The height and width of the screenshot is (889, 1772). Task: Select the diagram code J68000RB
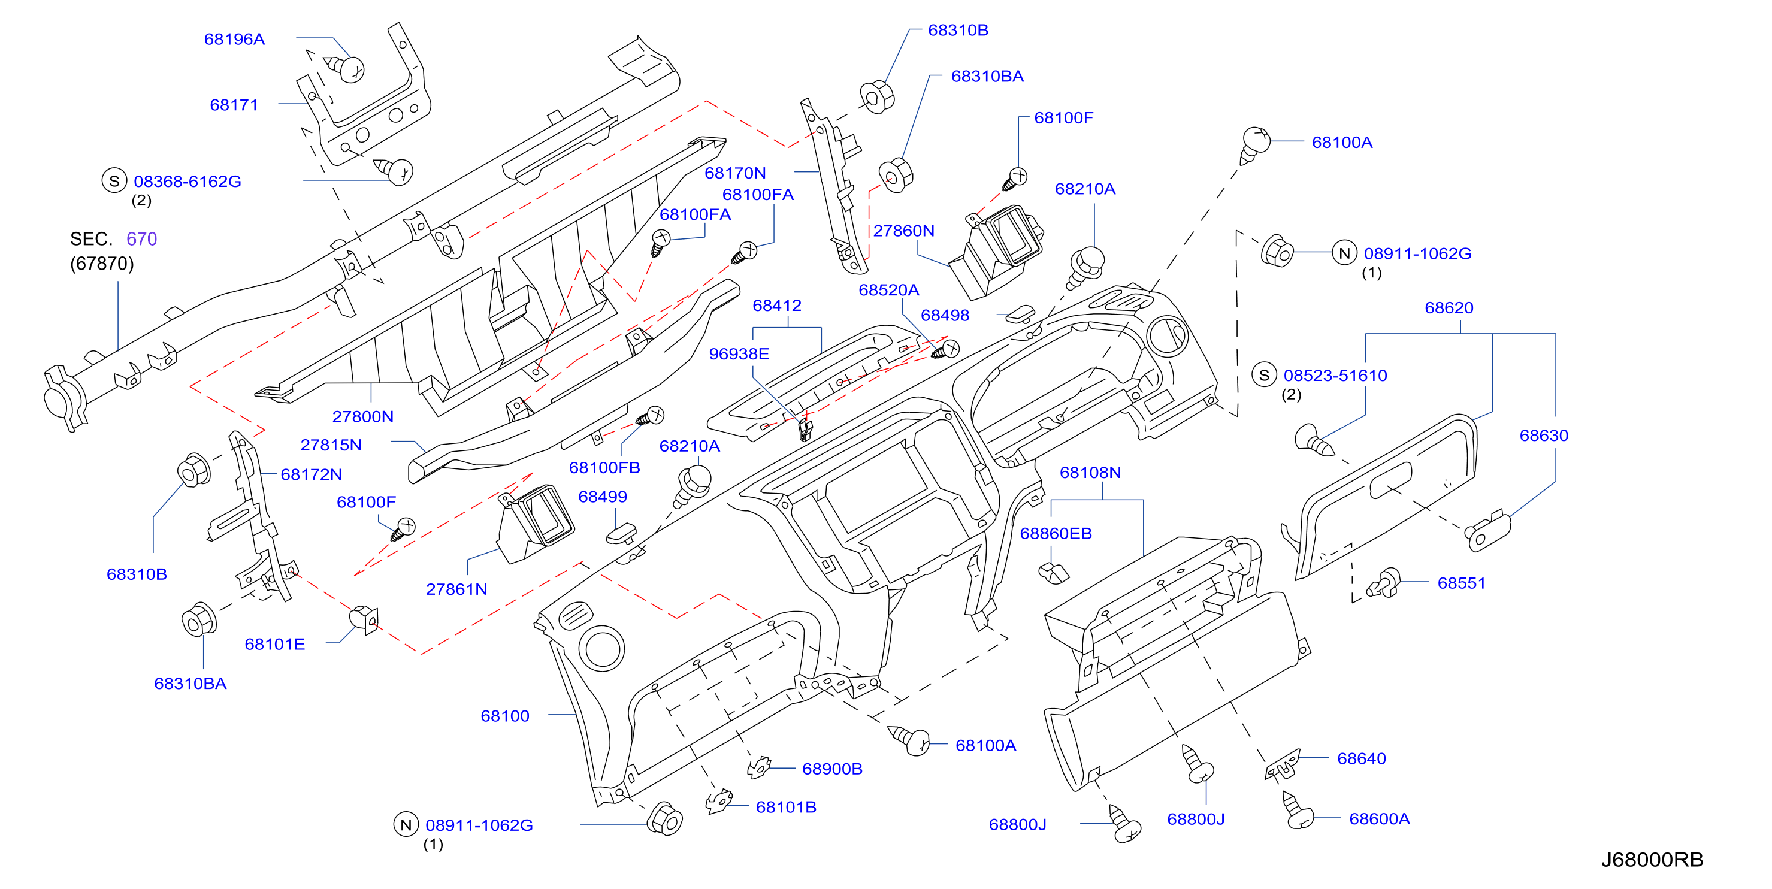pos(1652,860)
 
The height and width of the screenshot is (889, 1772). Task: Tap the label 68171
pos(234,105)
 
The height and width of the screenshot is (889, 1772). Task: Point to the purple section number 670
pos(142,239)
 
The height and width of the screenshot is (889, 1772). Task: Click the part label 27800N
pos(362,416)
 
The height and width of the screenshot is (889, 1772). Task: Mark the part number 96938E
pos(739,353)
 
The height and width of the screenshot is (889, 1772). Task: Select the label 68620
pos(1449,307)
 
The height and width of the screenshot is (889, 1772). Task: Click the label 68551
pos(1461,583)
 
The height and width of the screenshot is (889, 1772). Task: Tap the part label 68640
pos(1360,758)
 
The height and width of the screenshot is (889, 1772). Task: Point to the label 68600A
pos(1379,819)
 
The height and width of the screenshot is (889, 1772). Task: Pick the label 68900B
pos(831,769)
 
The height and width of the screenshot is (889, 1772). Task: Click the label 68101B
pos(785,807)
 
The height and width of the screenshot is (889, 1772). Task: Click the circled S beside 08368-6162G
pos(114,181)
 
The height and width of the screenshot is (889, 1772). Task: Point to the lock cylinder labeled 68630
pos(1487,531)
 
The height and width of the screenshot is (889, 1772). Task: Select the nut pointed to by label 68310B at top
pos(877,97)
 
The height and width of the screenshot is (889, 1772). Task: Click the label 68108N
pos(1090,473)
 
